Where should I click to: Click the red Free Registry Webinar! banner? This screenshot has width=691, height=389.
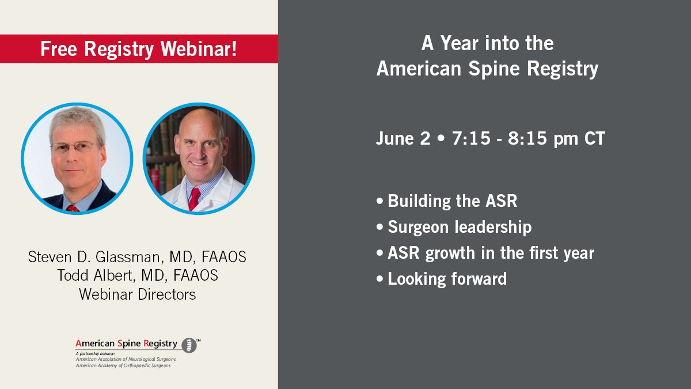tap(138, 49)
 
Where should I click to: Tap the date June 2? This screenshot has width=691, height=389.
tap(403, 139)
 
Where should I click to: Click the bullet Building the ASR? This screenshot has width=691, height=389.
tap(452, 201)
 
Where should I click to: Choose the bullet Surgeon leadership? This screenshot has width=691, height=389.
tap(459, 227)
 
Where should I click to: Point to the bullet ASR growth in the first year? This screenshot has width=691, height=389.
tap(491, 253)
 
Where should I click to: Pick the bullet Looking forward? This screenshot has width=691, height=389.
tap(447, 279)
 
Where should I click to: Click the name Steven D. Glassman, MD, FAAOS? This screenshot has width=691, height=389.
tap(137, 257)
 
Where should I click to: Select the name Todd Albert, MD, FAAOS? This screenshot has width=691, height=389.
tap(137, 275)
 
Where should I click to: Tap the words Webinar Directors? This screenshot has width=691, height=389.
tap(137, 294)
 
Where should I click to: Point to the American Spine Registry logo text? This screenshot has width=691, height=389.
tap(126, 343)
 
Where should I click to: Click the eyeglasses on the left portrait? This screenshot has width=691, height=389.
tap(75, 146)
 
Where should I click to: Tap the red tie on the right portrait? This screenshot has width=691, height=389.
tap(194, 198)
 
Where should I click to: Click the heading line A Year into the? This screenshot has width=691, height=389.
tap(487, 43)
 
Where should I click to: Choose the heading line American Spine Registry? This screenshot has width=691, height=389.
tap(487, 69)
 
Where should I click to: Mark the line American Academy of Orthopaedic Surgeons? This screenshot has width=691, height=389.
tap(123, 365)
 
